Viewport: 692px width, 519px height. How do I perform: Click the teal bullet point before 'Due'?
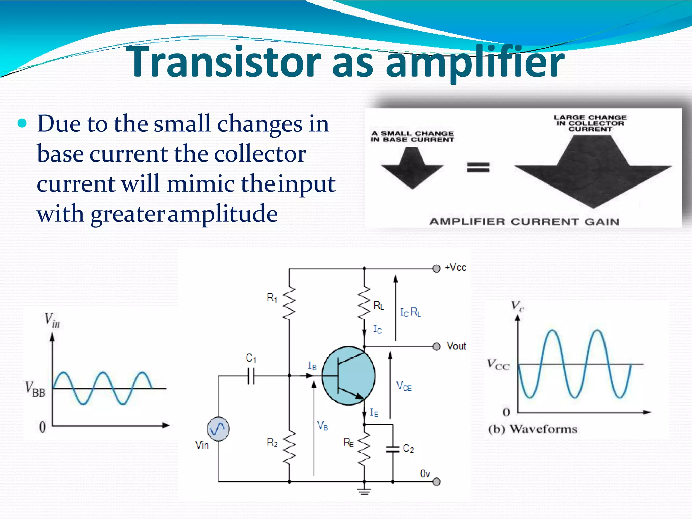point(22,124)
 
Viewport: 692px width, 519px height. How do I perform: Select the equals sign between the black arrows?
point(478,167)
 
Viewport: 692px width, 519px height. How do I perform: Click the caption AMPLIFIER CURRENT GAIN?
point(524,222)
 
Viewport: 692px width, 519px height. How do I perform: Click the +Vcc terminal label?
point(455,268)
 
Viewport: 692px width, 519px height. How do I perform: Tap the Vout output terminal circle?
point(437,347)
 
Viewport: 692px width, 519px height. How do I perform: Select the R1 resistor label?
point(272,298)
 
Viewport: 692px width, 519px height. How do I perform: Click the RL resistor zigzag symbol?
point(364,303)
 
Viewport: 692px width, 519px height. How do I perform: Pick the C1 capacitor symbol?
point(251,376)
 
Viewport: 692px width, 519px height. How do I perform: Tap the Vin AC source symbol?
point(218,429)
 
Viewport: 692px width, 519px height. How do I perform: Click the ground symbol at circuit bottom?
point(364,492)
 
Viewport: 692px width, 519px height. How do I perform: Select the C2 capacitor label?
point(409,448)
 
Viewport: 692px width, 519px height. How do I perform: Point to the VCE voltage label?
point(404,386)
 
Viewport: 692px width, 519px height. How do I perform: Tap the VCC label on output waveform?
point(498,365)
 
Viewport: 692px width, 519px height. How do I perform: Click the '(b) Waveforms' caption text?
point(533,429)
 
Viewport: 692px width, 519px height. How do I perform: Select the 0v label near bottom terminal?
point(425,474)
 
